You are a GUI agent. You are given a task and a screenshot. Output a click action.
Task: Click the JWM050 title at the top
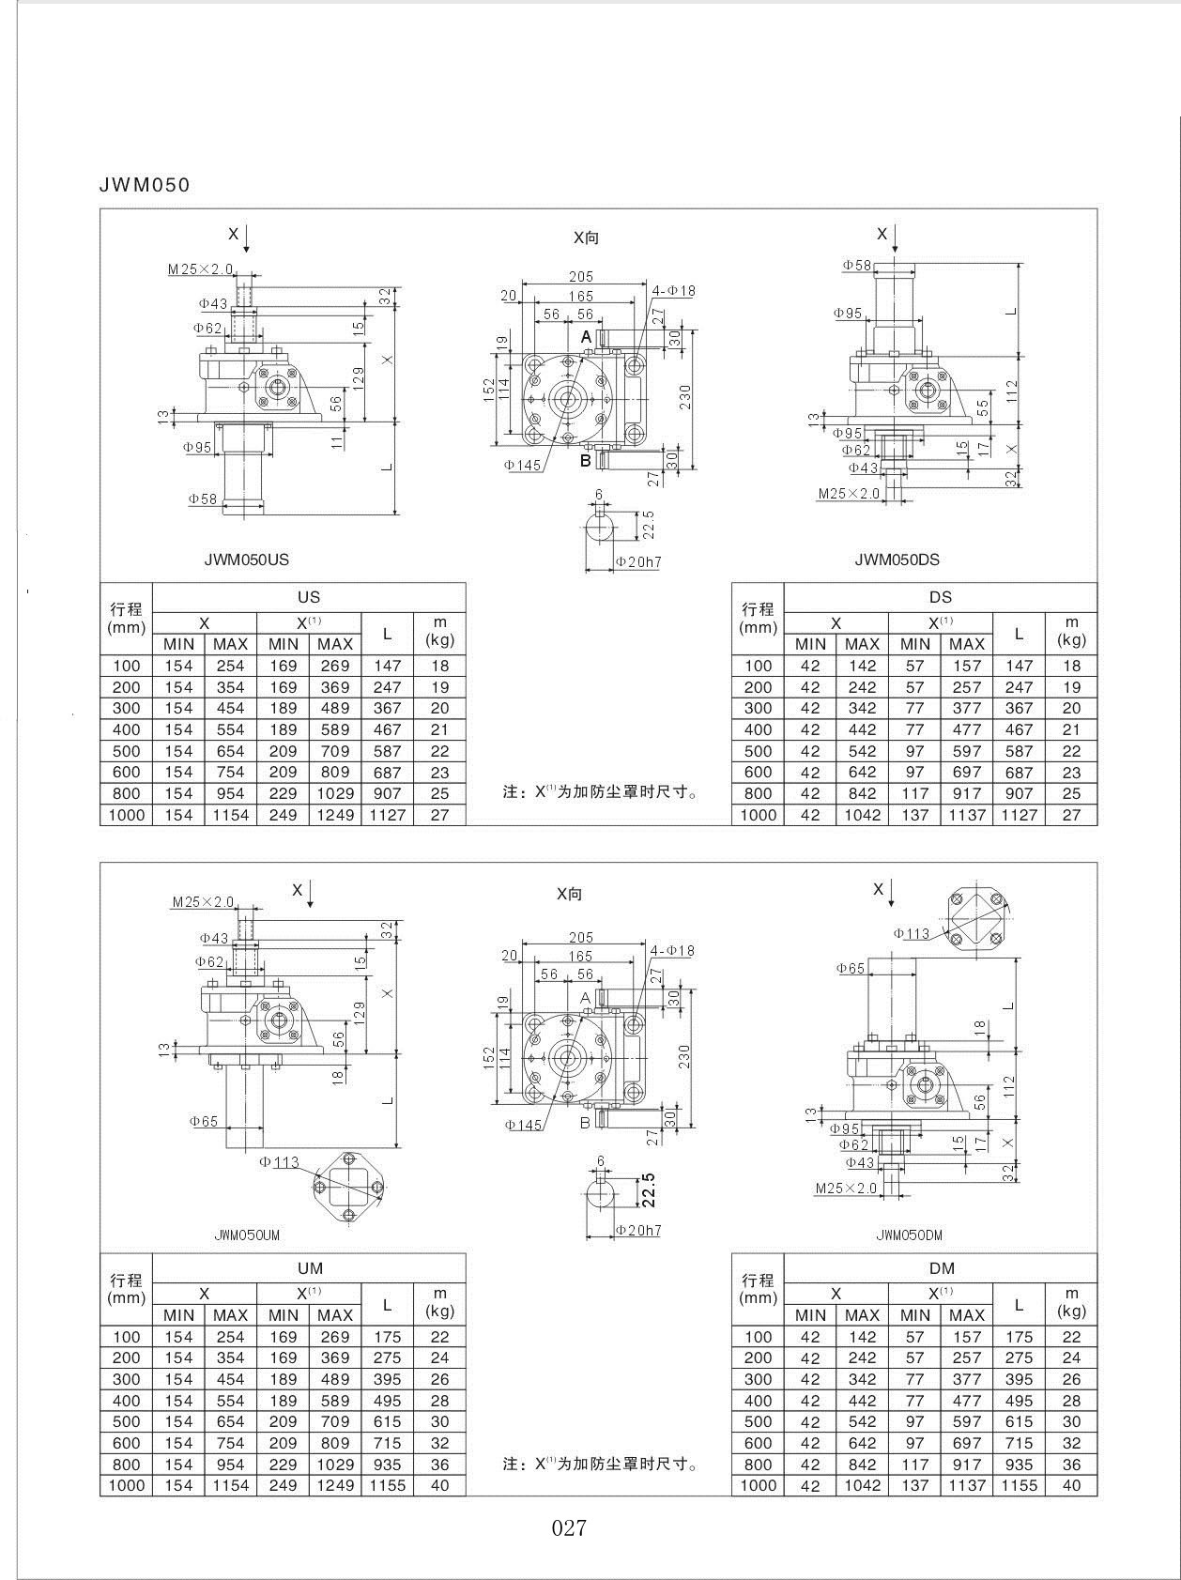click(x=145, y=185)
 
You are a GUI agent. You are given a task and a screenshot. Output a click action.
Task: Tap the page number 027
click(x=569, y=1528)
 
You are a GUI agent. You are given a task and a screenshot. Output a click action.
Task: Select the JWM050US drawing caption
click(x=247, y=560)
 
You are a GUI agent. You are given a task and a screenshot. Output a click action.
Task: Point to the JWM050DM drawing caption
click(x=909, y=1235)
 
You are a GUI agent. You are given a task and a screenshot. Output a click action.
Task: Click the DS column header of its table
click(x=940, y=597)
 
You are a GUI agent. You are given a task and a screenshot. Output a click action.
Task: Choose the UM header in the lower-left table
click(x=310, y=1268)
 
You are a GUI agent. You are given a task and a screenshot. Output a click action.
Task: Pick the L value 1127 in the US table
click(x=387, y=815)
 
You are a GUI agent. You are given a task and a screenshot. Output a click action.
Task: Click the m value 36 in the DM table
click(x=1071, y=1465)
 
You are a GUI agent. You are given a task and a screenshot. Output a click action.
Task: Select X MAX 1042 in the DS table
click(x=862, y=815)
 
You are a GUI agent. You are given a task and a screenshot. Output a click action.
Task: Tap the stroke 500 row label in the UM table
click(x=126, y=1422)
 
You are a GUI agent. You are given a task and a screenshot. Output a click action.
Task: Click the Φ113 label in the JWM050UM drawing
click(x=279, y=1162)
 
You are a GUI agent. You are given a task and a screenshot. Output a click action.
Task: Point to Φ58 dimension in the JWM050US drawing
click(x=203, y=499)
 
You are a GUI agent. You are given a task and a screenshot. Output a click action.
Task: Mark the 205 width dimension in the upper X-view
click(x=581, y=277)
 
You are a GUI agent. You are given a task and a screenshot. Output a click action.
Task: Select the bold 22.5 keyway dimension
click(x=648, y=1189)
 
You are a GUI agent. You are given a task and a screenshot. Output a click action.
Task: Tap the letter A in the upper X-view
click(x=586, y=336)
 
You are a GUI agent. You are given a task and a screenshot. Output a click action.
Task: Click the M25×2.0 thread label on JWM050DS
click(x=849, y=494)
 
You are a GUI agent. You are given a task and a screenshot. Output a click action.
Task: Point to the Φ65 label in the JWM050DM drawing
click(x=851, y=969)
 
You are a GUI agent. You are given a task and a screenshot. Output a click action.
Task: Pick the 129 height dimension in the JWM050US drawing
click(x=359, y=377)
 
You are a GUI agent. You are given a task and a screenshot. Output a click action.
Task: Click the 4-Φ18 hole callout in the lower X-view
click(x=673, y=951)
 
